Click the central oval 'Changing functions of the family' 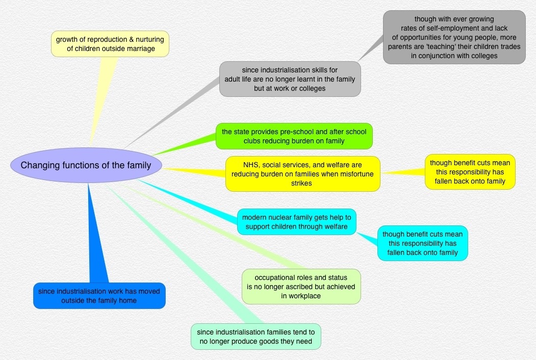point(86,165)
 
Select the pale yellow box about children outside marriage point(110,44)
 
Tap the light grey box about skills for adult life point(290,79)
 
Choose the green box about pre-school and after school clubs point(294,136)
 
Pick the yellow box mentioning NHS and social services point(303,174)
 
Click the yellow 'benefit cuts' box point(470,172)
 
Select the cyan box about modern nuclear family point(296,222)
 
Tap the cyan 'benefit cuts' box point(422,243)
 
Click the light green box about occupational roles point(301,287)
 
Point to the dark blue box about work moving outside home point(99,296)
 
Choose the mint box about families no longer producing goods point(256,337)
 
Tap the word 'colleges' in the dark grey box point(482,56)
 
